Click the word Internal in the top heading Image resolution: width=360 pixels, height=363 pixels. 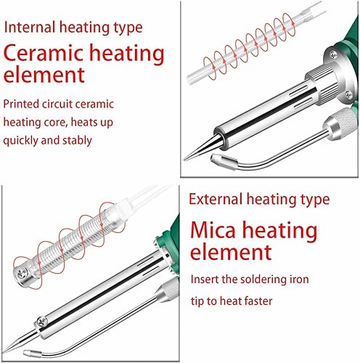[30, 27]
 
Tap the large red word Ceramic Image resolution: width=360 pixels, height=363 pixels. [45, 53]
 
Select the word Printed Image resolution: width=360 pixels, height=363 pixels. [21, 105]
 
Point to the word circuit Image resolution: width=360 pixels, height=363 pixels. [57, 105]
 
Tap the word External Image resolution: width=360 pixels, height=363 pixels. [216, 200]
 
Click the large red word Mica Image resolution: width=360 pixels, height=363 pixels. [213, 230]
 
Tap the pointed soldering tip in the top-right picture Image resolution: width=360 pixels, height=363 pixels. [184, 159]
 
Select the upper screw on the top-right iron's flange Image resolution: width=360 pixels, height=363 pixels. [333, 55]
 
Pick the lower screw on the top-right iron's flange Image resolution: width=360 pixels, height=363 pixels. [349, 94]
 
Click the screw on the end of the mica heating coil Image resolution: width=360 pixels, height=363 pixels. [21, 273]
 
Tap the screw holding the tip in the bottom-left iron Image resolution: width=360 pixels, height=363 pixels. [42, 322]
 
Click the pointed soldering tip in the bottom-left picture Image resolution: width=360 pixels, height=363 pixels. [4, 351]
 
